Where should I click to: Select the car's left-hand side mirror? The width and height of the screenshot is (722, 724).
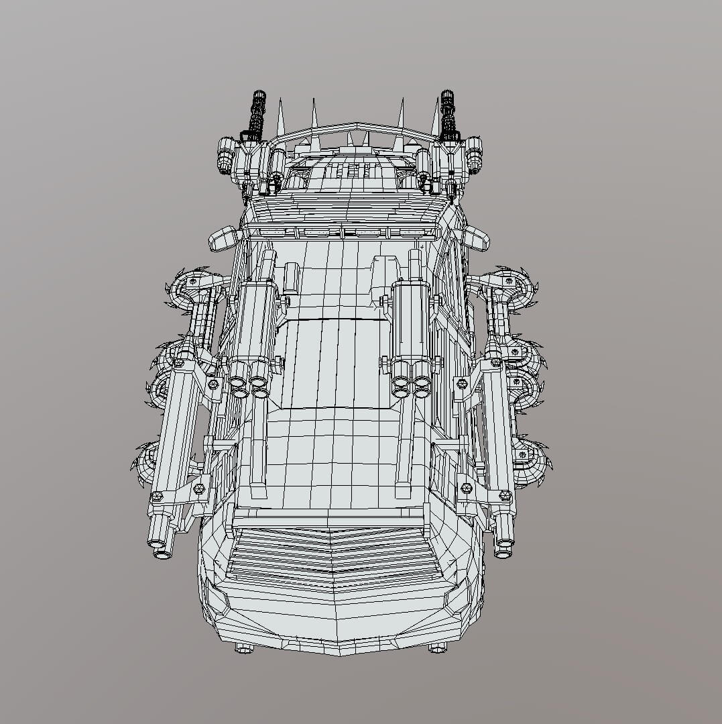[224, 238]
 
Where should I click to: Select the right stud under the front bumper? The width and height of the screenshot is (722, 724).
[437, 648]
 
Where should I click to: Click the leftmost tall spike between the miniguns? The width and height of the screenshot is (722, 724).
[280, 114]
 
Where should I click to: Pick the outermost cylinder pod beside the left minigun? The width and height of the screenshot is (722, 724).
[224, 158]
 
